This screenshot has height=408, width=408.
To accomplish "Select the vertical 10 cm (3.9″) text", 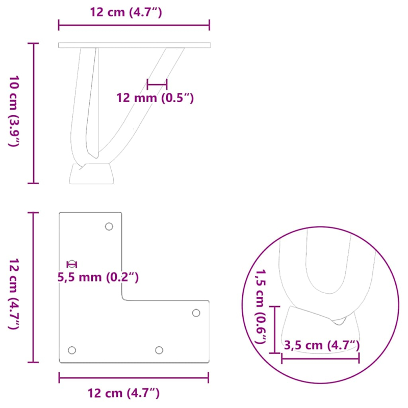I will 14,111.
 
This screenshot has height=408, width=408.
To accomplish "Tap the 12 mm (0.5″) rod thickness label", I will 155,98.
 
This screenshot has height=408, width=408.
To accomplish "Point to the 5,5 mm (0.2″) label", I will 98,277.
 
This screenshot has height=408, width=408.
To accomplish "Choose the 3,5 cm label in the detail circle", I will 322,345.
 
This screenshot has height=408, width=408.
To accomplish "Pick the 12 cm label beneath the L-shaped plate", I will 123,393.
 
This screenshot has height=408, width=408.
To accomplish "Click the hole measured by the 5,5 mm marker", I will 72,264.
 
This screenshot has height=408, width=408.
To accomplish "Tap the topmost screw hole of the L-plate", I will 109,226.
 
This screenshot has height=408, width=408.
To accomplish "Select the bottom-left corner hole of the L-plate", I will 72,350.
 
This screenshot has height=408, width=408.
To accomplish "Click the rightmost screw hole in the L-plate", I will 196,313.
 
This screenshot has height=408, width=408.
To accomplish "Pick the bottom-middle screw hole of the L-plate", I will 159,350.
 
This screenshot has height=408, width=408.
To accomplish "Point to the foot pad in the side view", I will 92,173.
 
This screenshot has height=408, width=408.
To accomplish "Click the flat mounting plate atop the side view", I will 134,45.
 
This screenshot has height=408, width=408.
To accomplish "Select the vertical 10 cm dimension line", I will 34,113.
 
